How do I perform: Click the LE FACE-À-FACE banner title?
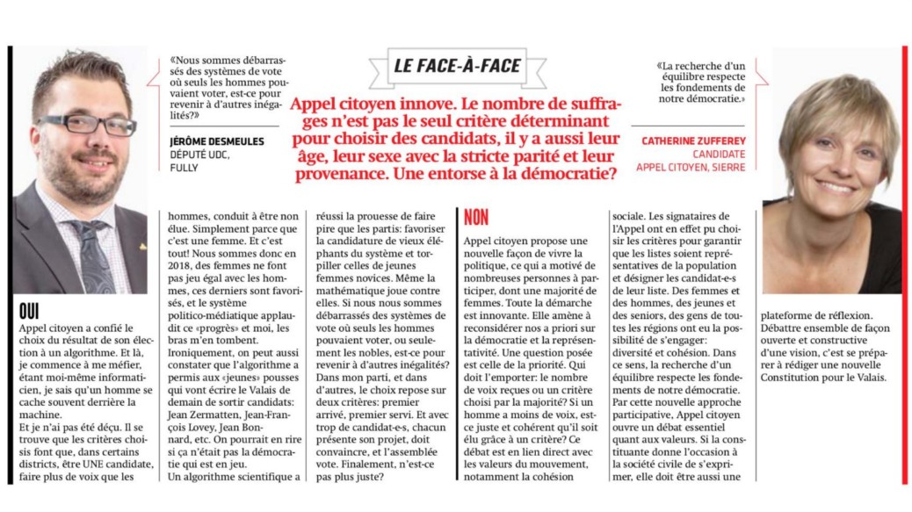[457, 66]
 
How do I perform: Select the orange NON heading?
[475, 218]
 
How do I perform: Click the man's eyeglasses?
[87, 122]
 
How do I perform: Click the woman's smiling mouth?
[836, 186]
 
